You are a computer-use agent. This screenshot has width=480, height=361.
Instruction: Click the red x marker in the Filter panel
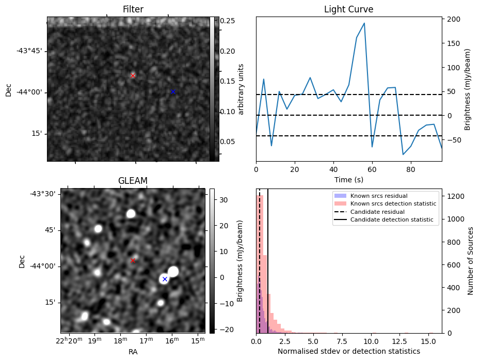click(x=133, y=75)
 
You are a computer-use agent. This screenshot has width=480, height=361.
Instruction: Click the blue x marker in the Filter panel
click(x=173, y=92)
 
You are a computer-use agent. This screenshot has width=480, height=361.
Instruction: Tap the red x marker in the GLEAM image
click(x=133, y=261)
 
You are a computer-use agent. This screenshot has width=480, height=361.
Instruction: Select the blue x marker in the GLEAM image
click(x=165, y=279)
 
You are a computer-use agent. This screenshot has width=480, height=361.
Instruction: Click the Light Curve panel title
click(x=348, y=9)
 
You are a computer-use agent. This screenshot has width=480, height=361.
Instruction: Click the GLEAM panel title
click(x=133, y=181)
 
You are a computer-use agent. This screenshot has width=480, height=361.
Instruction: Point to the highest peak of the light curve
click(x=364, y=23)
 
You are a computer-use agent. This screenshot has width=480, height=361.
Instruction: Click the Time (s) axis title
click(x=348, y=179)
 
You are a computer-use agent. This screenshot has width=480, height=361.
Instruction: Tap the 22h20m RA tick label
click(x=68, y=341)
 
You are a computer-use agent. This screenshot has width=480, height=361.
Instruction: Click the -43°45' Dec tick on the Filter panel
click(x=29, y=51)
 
